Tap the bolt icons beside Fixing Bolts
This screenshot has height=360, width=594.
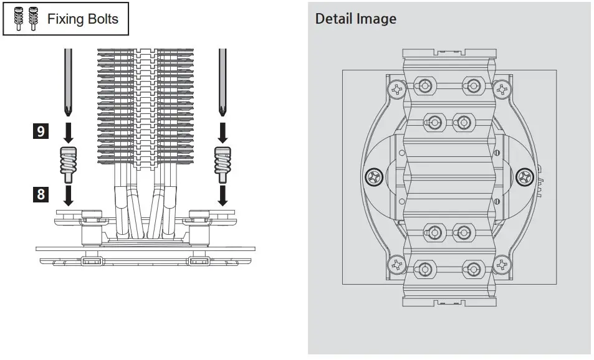pyautogui.click(x=26, y=19)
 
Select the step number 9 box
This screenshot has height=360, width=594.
pyautogui.click(x=41, y=132)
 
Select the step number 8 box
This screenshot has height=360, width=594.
pyautogui.click(x=41, y=194)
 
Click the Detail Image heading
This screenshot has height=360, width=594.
pyautogui.click(x=355, y=19)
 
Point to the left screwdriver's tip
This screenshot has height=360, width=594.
pyautogui.click(x=67, y=112)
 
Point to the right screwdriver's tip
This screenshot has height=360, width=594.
pyautogui.click(x=221, y=112)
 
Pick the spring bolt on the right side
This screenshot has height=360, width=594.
pyautogui.click(x=221, y=163)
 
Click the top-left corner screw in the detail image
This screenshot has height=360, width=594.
pyautogui.click(x=395, y=90)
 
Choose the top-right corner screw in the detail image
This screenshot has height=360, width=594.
pyautogui.click(x=502, y=90)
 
